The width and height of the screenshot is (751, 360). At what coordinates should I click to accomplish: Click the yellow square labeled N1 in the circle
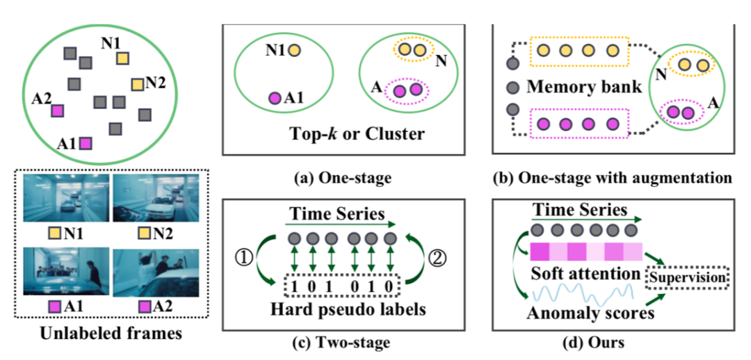point(122,58)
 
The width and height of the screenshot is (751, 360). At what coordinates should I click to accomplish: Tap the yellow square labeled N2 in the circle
point(137,85)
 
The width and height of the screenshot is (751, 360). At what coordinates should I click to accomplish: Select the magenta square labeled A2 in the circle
point(58,111)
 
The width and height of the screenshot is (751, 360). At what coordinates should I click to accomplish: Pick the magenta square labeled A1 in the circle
point(86,143)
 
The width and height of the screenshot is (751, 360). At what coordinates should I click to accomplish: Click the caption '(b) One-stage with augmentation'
point(613,178)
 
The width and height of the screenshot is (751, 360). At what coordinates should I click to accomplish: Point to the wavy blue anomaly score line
point(584,291)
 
